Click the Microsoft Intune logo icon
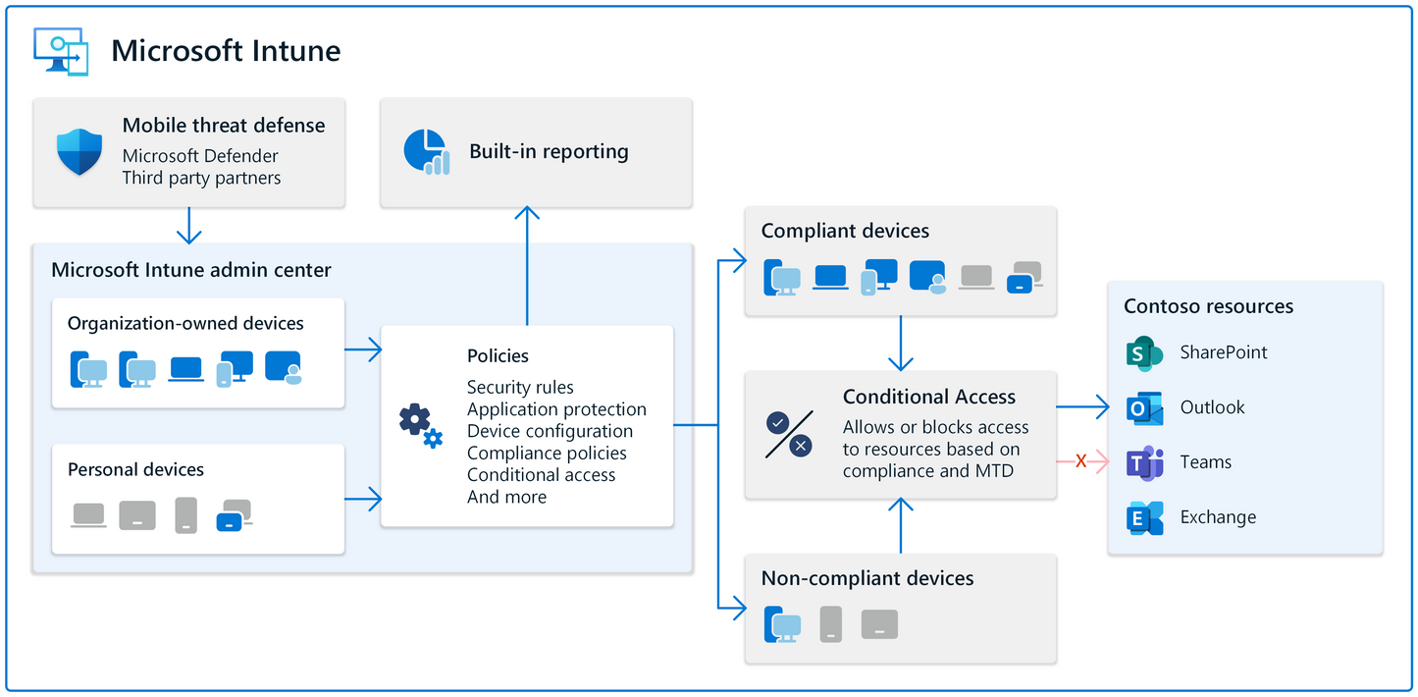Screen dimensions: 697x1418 point(61,51)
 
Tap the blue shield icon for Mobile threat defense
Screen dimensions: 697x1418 point(79,152)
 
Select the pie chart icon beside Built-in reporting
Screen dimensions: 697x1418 point(426,152)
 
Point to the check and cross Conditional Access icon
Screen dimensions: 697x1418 point(788,434)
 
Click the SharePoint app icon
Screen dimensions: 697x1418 point(1144,352)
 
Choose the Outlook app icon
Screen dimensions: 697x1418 point(1144,407)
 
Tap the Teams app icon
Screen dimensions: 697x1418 point(1144,462)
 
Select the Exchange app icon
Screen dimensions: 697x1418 point(1144,517)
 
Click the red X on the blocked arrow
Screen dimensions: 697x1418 point(1080,461)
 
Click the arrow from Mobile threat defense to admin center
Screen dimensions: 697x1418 point(188,226)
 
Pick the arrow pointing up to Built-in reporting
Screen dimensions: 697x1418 point(528,265)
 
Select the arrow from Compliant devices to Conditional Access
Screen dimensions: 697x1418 point(901,343)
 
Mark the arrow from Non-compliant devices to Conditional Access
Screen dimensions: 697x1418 point(901,525)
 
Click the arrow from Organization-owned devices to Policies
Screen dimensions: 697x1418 point(363,348)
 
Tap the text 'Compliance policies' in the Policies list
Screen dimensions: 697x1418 point(547,453)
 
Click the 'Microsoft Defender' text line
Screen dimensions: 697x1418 point(200,156)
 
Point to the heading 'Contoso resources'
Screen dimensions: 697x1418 point(1208,306)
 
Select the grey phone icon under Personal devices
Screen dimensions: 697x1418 point(186,514)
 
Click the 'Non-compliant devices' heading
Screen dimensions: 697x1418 point(867,578)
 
